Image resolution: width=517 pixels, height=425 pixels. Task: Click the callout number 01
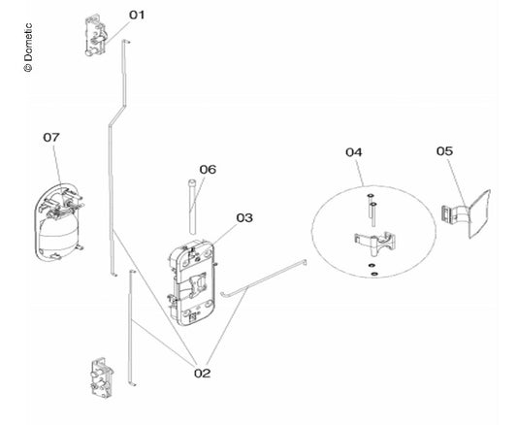[x=137, y=15]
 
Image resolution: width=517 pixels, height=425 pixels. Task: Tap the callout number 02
[x=202, y=374]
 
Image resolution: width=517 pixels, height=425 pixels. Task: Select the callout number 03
[x=244, y=218]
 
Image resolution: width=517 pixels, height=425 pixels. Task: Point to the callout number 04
[x=354, y=152]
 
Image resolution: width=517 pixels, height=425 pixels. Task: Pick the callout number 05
[x=445, y=151]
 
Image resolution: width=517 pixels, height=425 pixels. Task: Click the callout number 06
[x=208, y=170]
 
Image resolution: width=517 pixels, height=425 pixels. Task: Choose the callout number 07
[x=51, y=137]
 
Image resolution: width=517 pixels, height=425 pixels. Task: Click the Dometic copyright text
[x=28, y=48]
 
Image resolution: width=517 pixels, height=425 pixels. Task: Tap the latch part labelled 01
[x=96, y=35]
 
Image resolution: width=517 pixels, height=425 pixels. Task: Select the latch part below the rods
[x=102, y=378]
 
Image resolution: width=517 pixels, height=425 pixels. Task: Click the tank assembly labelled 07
[x=59, y=223]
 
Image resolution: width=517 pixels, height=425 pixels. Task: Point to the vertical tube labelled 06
[x=192, y=207]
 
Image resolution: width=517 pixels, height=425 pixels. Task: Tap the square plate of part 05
[x=480, y=214]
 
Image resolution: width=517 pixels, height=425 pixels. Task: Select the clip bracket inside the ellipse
[x=375, y=243]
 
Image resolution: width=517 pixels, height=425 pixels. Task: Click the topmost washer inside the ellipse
[x=371, y=196]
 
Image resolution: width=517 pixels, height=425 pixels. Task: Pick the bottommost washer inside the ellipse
[x=374, y=274]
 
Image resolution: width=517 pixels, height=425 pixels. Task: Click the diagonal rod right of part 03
[x=264, y=278]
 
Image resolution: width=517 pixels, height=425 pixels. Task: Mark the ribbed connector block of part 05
[x=446, y=214]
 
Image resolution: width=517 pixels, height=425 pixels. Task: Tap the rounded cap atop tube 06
[x=192, y=182]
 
